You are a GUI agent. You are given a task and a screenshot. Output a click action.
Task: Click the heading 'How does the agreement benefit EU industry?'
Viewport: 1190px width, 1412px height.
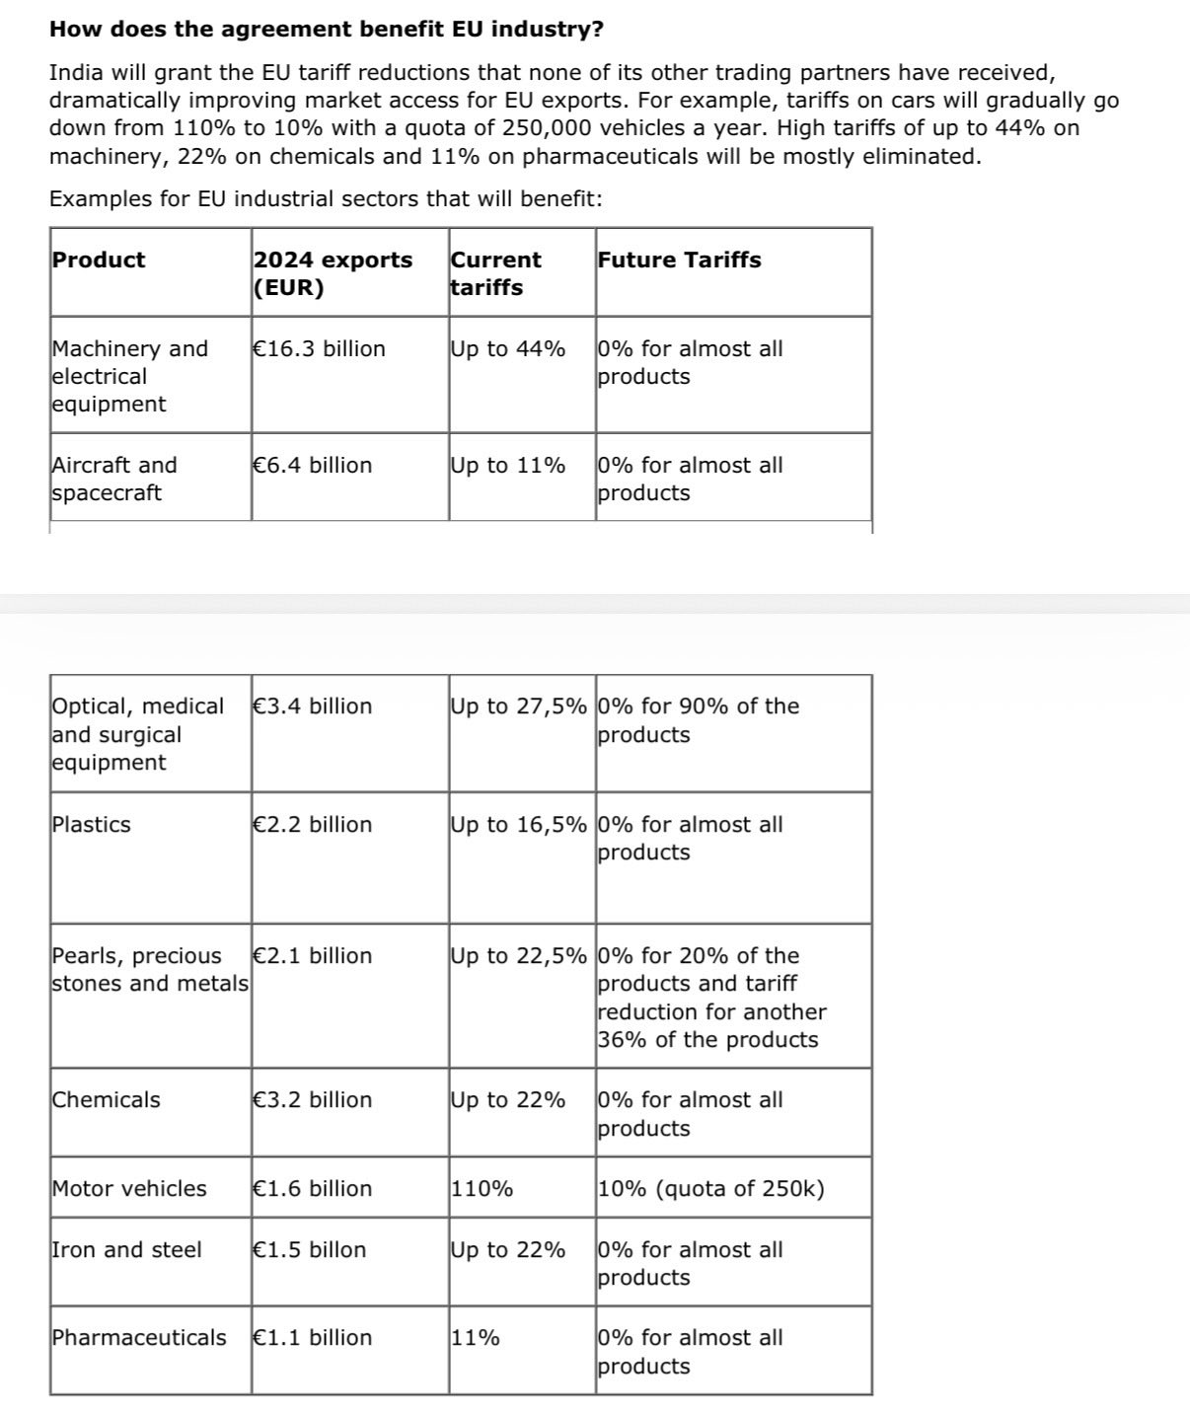click(x=327, y=30)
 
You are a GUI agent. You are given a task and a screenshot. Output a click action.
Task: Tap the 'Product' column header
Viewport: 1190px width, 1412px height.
click(x=99, y=260)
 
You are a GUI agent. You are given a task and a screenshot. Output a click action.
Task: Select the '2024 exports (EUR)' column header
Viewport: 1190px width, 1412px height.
click(x=333, y=273)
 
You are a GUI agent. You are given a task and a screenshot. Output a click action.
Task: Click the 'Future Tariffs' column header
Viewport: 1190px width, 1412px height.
click(x=679, y=260)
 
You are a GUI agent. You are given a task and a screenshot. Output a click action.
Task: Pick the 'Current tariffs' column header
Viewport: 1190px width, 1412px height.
click(x=495, y=273)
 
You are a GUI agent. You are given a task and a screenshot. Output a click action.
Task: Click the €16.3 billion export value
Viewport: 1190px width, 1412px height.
click(x=320, y=348)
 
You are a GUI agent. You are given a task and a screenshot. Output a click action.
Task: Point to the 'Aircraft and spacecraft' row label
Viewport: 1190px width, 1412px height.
click(x=114, y=479)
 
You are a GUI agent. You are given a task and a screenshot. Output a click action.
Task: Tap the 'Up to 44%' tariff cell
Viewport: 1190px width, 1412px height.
click(x=507, y=348)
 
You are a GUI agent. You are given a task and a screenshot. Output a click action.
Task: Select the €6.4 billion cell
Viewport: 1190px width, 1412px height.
click(x=313, y=465)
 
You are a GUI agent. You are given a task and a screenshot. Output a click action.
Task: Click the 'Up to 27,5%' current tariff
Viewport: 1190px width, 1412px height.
click(x=518, y=706)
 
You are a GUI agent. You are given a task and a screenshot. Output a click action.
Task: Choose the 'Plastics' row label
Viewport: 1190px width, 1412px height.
click(x=91, y=824)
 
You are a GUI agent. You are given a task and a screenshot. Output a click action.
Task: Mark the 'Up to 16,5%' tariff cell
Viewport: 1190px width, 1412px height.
click(x=518, y=824)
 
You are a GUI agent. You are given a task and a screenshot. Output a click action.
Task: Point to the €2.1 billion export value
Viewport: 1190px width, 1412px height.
click(x=313, y=955)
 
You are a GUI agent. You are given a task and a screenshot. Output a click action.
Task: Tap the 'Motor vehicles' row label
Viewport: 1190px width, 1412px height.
click(x=129, y=1188)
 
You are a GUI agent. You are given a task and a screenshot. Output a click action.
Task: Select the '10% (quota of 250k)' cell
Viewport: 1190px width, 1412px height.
click(x=710, y=1188)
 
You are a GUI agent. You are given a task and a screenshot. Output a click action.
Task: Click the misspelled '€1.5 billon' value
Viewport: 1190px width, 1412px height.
click(x=310, y=1249)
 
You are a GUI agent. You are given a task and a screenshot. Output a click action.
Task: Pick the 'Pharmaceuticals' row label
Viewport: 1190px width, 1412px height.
click(x=139, y=1337)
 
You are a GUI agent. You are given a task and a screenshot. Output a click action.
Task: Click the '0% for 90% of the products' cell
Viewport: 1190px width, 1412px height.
click(x=698, y=719)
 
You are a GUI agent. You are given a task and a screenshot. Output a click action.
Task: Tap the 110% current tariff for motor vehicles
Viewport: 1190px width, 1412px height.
click(x=482, y=1188)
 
